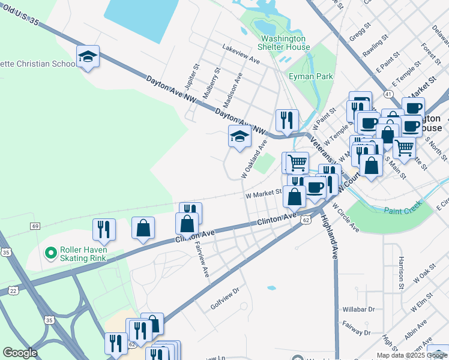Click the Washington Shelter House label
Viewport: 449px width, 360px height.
(x=284, y=43)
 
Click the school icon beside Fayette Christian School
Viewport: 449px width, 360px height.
(x=88, y=57)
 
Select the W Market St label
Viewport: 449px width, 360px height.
(x=263, y=193)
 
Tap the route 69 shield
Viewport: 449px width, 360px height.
(x=35, y=226)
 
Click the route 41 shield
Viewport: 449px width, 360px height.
(x=389, y=94)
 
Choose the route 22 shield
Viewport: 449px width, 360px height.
(x=13, y=290)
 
